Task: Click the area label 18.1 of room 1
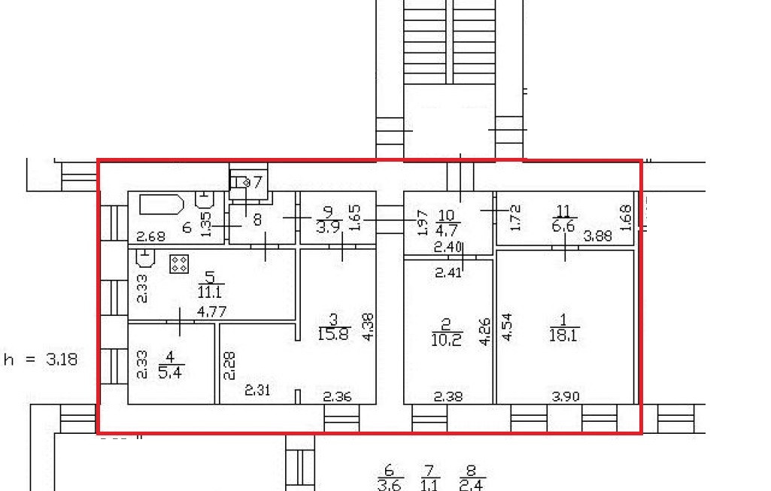[x=564, y=336]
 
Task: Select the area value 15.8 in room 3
[x=334, y=335]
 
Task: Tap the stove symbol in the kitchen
[x=179, y=264]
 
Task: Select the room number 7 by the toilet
[x=257, y=182]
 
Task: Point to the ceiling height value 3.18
[x=61, y=359]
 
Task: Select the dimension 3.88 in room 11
[x=599, y=236]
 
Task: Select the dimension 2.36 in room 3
[x=337, y=396]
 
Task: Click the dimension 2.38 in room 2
[x=448, y=396]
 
